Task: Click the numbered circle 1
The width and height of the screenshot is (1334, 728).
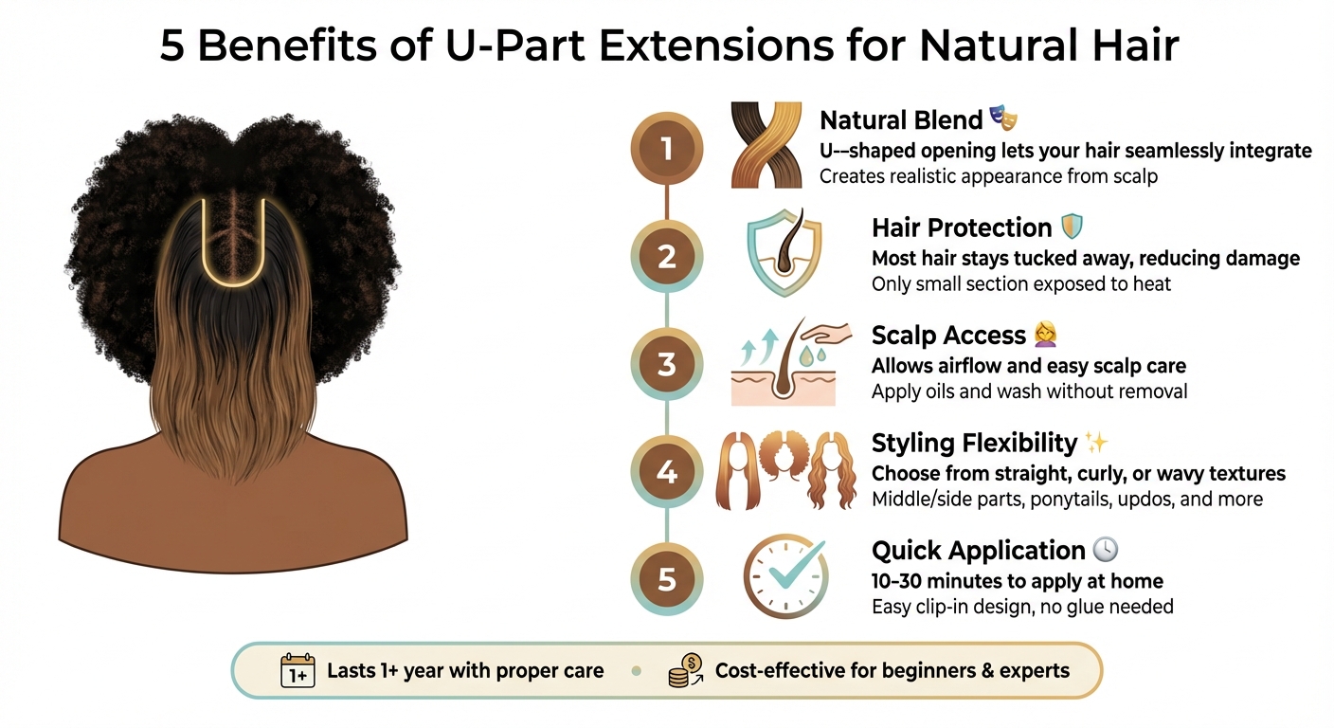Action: click(667, 149)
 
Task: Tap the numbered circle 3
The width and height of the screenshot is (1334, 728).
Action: click(667, 364)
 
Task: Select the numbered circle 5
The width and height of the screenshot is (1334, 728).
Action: click(667, 578)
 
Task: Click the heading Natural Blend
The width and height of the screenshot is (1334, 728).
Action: click(900, 120)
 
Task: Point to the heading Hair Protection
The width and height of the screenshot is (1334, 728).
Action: click(961, 227)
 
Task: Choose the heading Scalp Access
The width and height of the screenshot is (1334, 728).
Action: click(947, 336)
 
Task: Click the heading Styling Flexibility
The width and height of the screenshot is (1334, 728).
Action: click(974, 443)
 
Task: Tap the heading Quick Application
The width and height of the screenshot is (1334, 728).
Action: click(978, 551)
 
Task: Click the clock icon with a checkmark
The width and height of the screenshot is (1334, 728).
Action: click(785, 576)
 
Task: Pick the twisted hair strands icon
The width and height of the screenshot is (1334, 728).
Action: click(766, 145)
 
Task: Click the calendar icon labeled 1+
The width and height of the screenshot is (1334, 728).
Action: click(297, 670)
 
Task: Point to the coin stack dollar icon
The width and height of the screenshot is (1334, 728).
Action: click(684, 670)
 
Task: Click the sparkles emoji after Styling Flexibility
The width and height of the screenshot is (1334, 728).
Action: click(1096, 442)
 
